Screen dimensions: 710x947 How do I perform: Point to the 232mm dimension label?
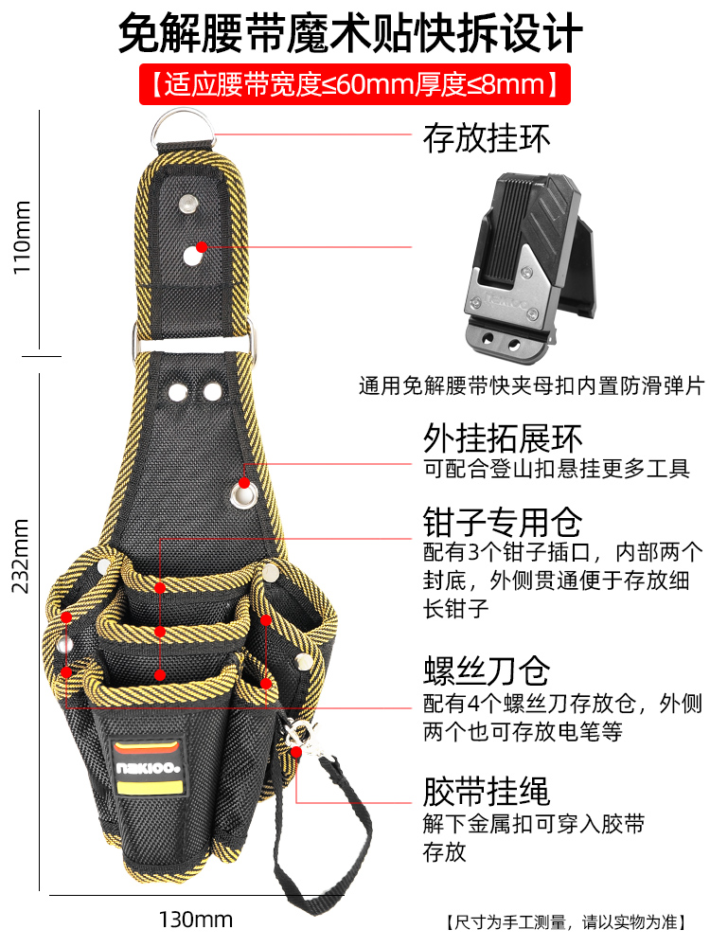click(x=21, y=555)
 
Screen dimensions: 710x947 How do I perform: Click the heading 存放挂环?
click(x=487, y=139)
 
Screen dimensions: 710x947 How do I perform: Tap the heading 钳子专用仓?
click(x=502, y=522)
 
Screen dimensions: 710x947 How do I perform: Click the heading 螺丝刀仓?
click(x=486, y=671)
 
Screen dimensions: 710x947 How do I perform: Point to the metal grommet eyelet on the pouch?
click(x=246, y=492)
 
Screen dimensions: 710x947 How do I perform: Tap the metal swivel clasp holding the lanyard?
click(x=300, y=733)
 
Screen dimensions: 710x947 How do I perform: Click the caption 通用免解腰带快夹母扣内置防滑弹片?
click(x=531, y=387)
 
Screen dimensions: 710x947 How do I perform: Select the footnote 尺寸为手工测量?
click(x=574, y=921)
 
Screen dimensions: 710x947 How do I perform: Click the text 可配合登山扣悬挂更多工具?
click(x=557, y=470)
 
